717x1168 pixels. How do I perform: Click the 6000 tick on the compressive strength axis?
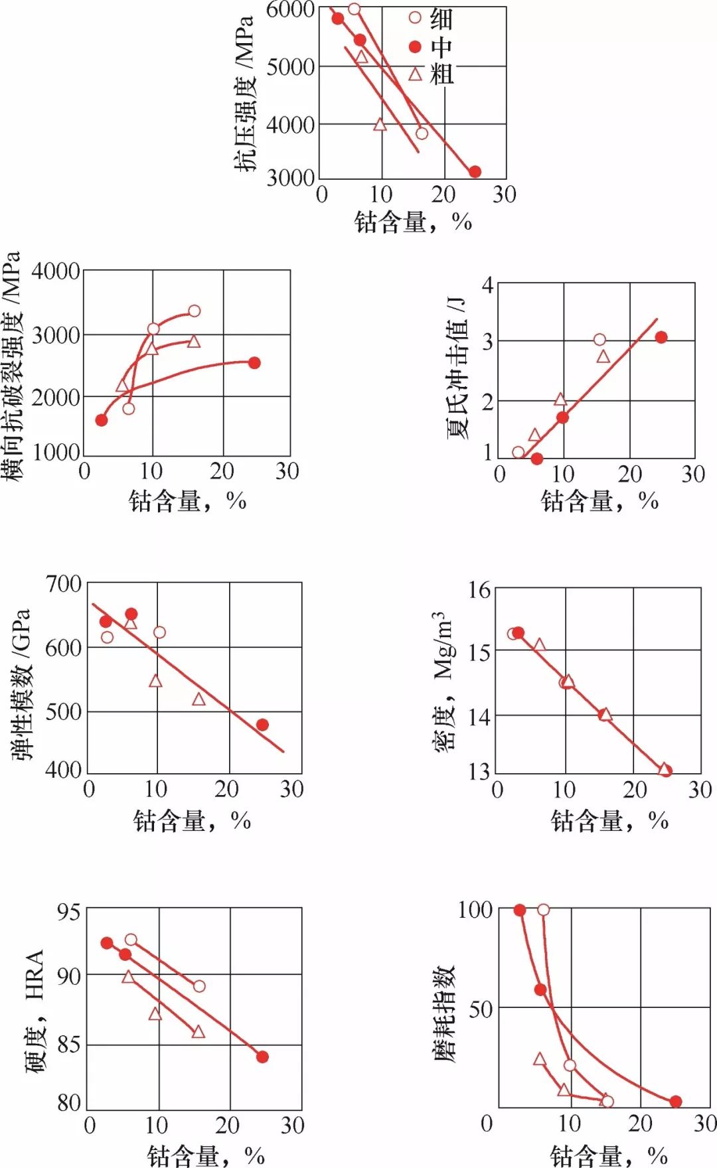tap(290, 10)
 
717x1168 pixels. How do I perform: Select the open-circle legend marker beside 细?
tap(415, 17)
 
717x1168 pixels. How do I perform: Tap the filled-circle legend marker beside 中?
tap(415, 46)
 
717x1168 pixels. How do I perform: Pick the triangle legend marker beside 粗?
tap(415, 74)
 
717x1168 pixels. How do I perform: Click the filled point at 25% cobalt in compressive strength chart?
tap(475, 172)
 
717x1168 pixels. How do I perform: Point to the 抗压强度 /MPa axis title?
tap(244, 94)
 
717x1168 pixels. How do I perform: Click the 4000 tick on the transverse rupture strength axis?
tap(56, 271)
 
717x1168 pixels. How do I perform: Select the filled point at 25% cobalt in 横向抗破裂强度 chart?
tap(254, 363)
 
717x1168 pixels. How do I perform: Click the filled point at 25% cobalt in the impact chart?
tap(661, 337)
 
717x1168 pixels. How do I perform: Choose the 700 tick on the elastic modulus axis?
tap(63, 585)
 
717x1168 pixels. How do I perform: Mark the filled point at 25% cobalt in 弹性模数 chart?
tap(262, 725)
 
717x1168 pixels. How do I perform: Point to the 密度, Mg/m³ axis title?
tap(443, 680)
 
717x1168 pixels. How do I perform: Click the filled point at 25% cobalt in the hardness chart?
tap(262, 1057)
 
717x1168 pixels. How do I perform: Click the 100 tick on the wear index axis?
tap(475, 909)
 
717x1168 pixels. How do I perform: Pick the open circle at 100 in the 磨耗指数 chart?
tap(543, 909)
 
